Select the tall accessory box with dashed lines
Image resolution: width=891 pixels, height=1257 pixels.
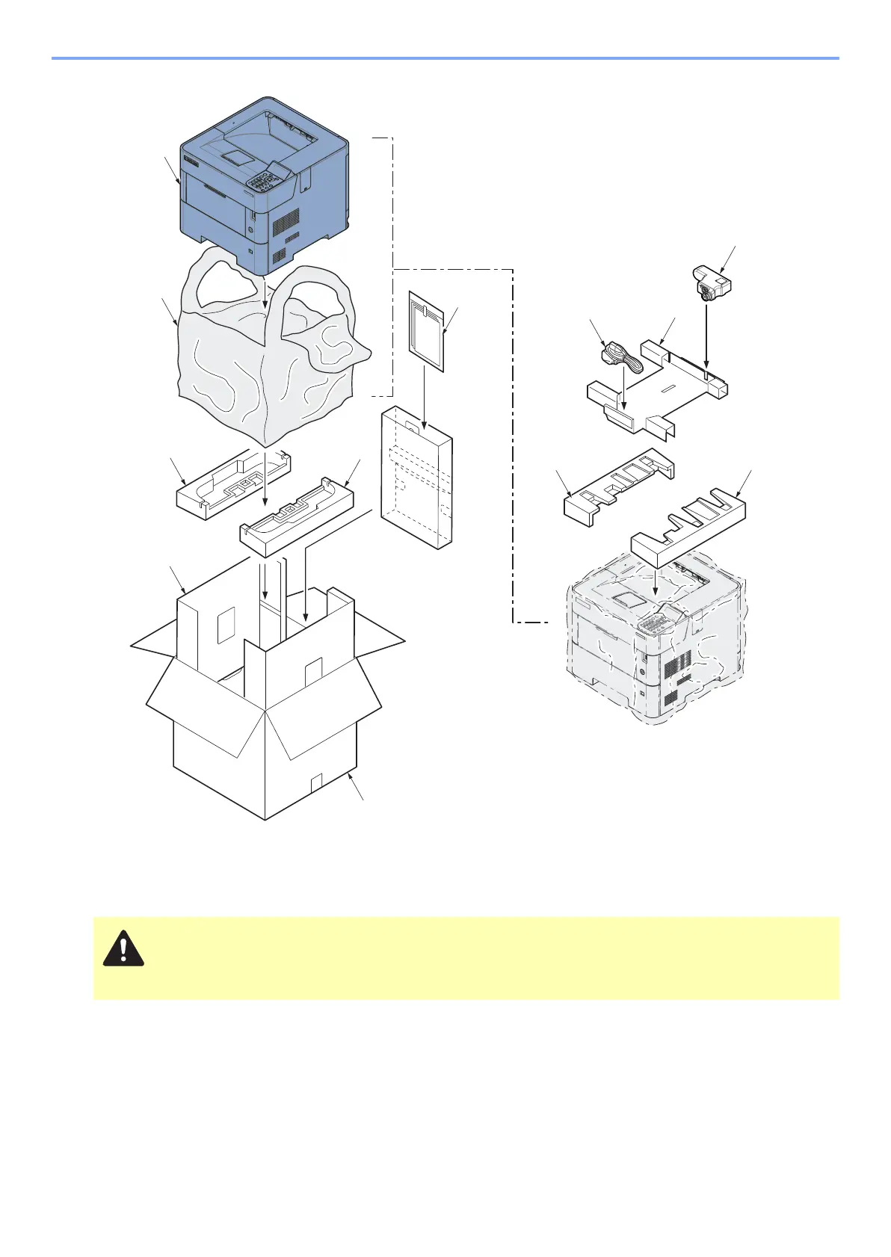coord(416,478)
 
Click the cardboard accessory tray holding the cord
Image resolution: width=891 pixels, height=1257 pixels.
coord(658,392)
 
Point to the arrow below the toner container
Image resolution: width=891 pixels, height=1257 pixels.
coord(706,336)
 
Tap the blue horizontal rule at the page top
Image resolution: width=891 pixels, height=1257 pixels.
coord(445,58)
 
